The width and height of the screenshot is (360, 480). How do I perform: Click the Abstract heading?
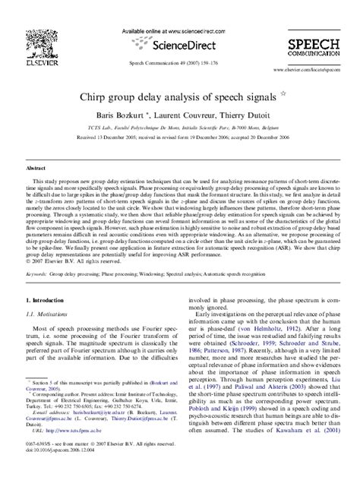36,166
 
